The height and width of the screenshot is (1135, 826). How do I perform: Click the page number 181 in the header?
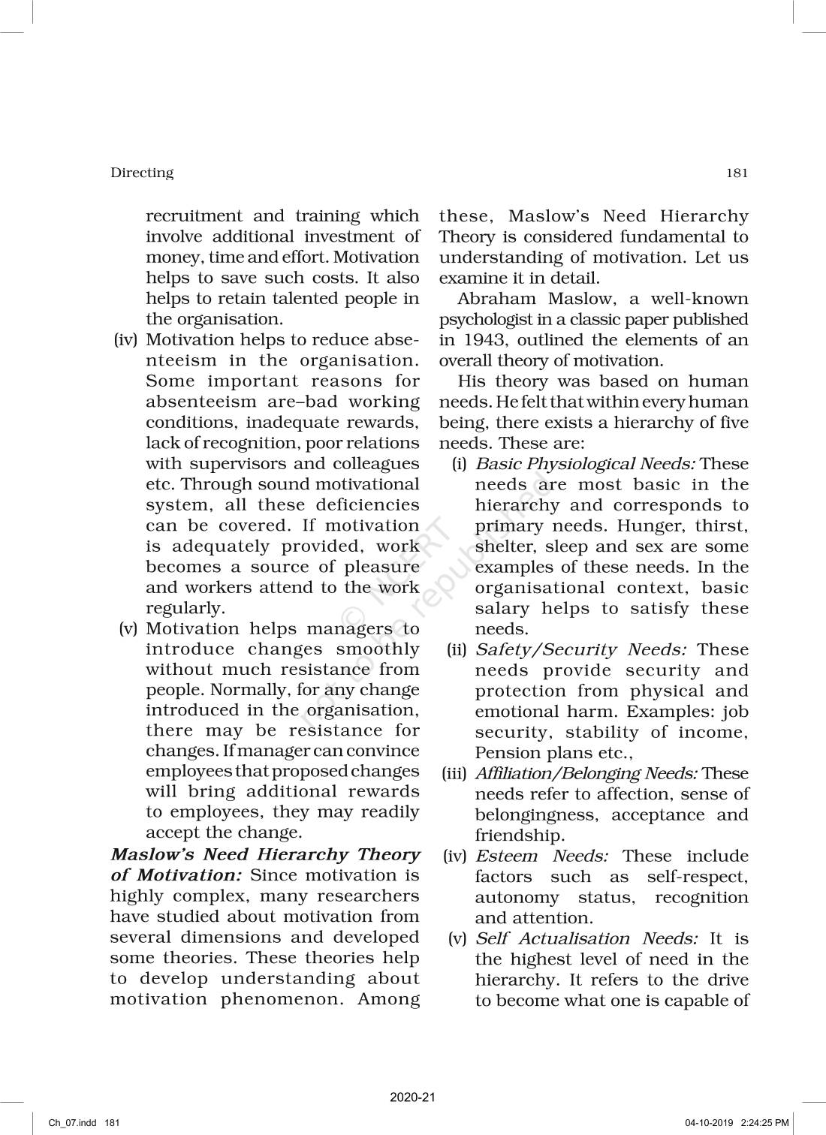tap(737, 173)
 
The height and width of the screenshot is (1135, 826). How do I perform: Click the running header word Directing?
tap(142, 173)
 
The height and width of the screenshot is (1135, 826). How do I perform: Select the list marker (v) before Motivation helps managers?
tap(128, 628)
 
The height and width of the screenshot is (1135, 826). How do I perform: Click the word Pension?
tap(503, 753)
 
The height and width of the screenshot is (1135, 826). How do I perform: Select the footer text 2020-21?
tap(412, 1097)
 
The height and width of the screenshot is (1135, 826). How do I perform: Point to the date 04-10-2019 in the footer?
tap(709, 1123)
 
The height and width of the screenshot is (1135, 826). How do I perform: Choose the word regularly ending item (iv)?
tap(185, 608)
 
